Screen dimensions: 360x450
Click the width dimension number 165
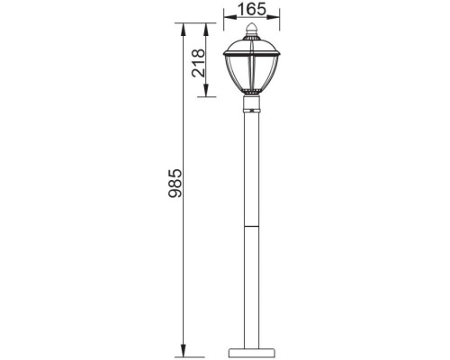[x=251, y=10]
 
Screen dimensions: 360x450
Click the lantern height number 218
[x=200, y=64]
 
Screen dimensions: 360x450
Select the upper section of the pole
[x=251, y=166]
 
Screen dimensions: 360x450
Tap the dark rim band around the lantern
[x=251, y=55]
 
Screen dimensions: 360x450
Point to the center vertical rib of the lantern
[x=251, y=76]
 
